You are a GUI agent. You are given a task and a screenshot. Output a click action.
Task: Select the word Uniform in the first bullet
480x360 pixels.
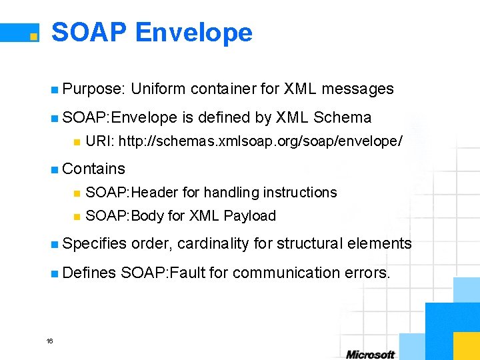[158, 89]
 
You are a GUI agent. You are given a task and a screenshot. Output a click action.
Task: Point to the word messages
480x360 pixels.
[359, 89]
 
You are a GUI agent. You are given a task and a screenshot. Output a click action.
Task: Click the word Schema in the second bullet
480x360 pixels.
[342, 117]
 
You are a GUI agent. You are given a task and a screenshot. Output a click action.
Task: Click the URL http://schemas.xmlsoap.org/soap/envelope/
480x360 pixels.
[260, 141]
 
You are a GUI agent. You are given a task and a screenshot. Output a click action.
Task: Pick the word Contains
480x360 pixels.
[93, 169]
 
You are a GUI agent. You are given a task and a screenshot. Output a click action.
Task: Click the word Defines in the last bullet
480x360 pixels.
[89, 273]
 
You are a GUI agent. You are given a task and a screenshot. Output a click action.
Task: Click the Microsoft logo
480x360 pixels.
[370, 354]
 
